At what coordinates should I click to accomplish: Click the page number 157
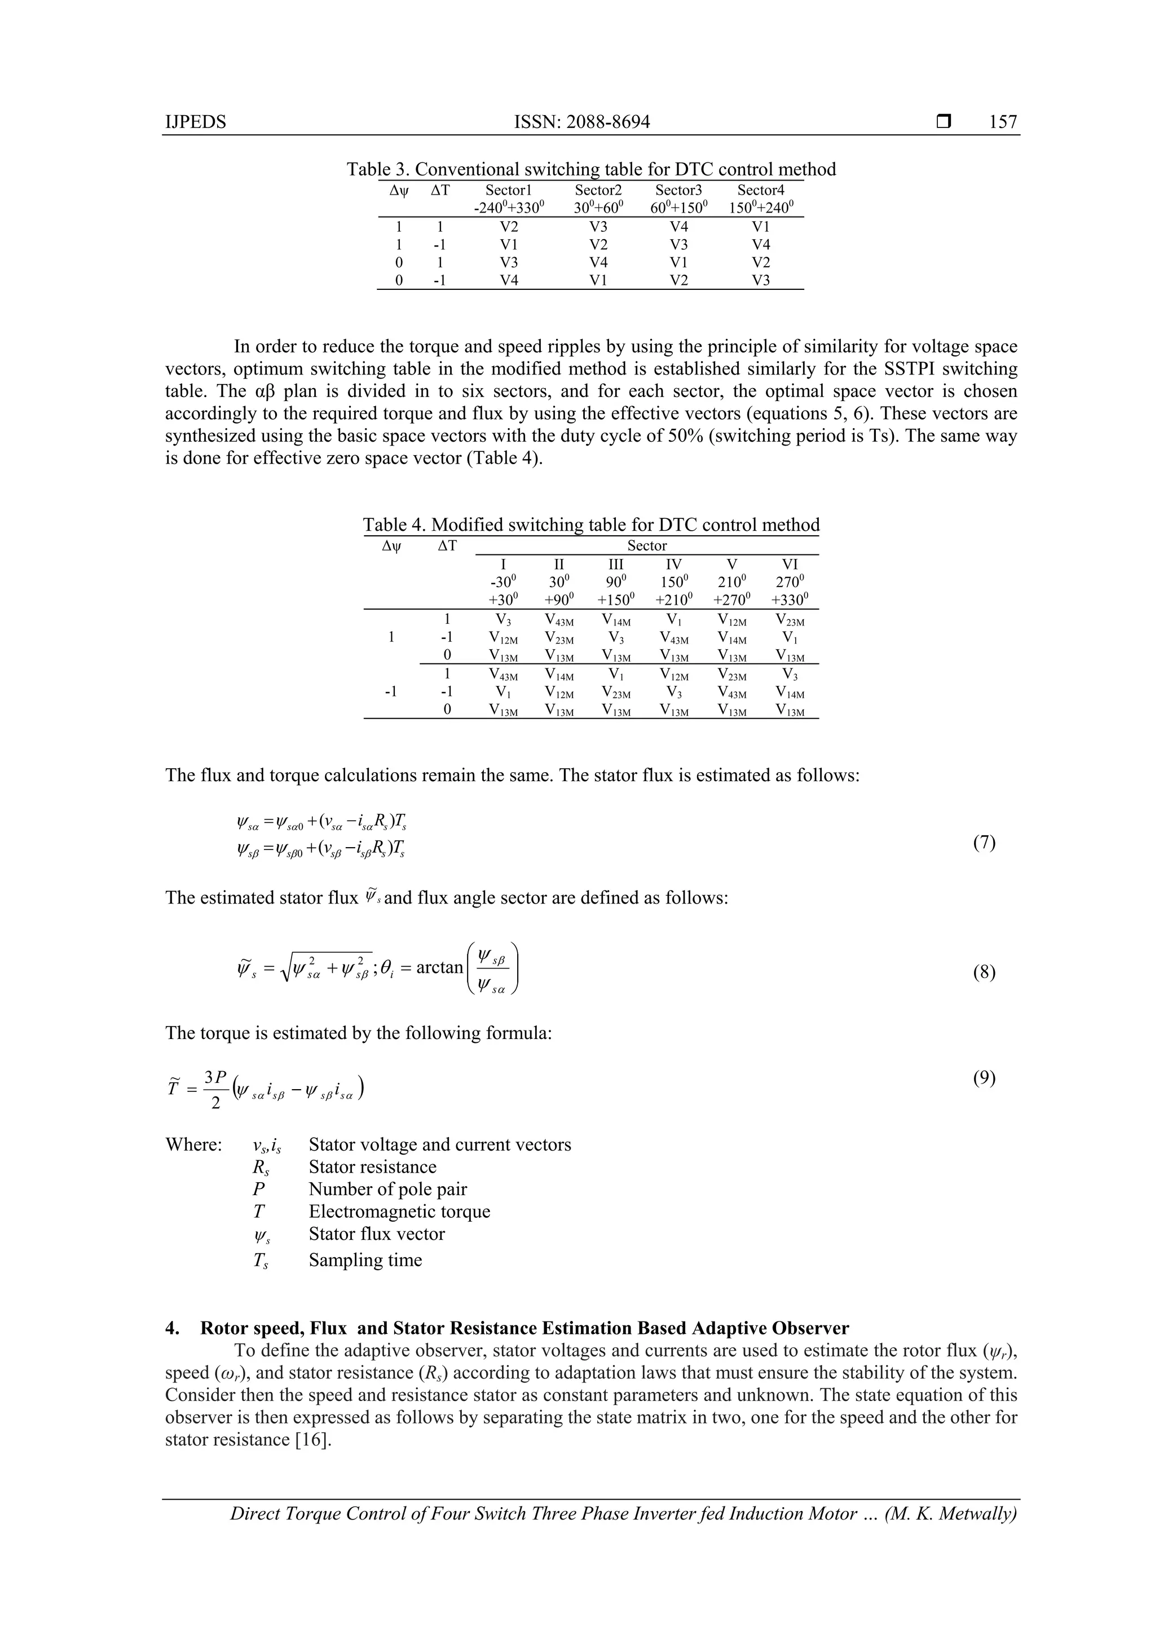1003,122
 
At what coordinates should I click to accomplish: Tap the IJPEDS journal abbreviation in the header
195,122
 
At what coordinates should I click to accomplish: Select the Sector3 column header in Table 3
678,190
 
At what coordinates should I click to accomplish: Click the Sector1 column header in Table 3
508,190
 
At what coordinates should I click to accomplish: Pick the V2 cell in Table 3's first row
509,227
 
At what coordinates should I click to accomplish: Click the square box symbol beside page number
943,122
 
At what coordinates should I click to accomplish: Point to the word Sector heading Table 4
646,546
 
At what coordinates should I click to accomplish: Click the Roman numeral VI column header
790,563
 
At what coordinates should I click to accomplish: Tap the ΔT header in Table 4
447,546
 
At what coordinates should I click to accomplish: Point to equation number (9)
984,1078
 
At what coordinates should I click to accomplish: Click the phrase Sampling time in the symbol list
365,1261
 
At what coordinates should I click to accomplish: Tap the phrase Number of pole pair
388,1189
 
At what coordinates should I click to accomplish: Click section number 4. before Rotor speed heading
171,1328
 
